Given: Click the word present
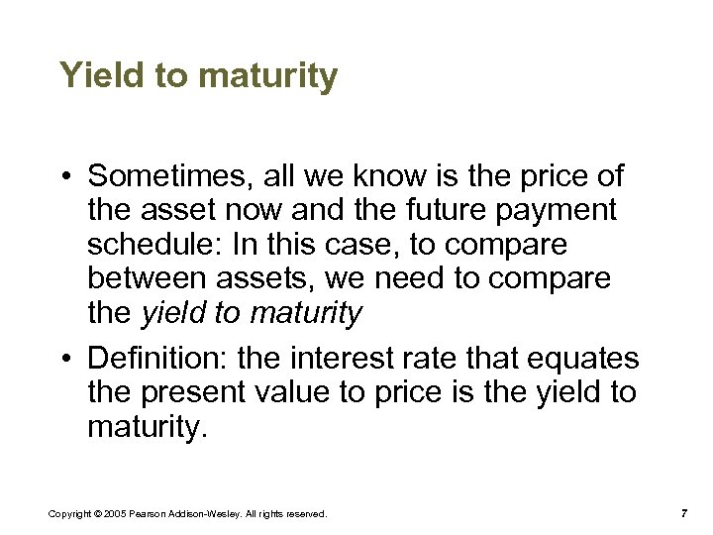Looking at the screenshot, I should pos(195,392).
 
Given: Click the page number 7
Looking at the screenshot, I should pos(683,513).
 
